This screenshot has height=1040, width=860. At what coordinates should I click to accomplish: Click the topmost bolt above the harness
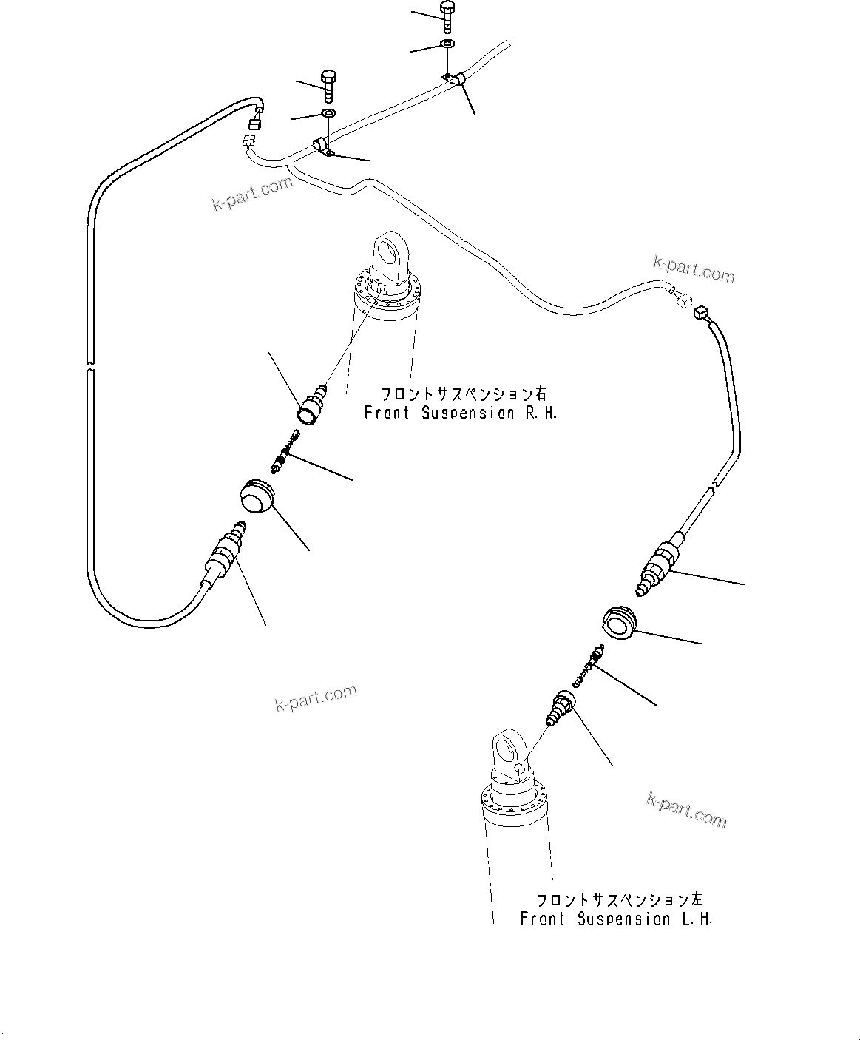click(x=447, y=16)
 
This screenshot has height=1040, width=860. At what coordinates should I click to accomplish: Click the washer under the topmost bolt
click(x=447, y=45)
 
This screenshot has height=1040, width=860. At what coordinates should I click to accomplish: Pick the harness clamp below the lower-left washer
click(x=323, y=147)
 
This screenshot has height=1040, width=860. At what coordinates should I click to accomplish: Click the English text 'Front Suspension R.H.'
click(x=460, y=413)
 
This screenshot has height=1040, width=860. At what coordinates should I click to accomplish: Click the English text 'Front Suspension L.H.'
click(x=615, y=919)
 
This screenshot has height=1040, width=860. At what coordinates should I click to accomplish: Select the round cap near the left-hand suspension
click(x=619, y=622)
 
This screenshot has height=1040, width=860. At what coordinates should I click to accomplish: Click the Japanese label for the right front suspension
click(x=464, y=394)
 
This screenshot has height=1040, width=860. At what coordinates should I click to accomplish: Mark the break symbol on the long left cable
click(x=89, y=365)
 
